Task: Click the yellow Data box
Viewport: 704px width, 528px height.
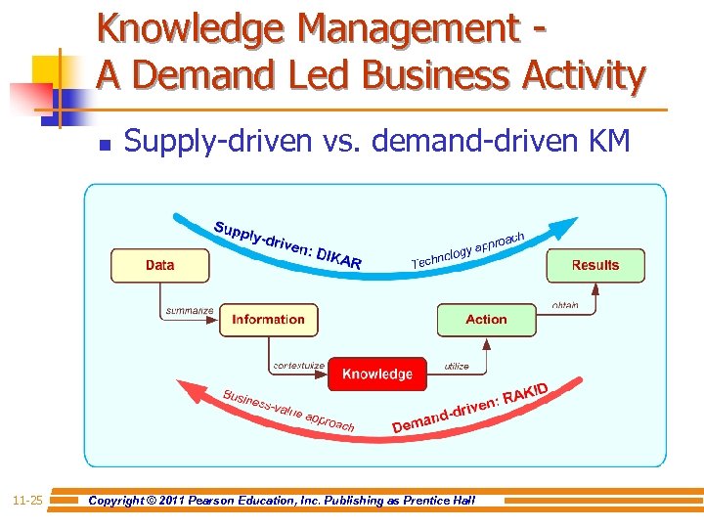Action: [159, 265]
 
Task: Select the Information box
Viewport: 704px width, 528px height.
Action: [268, 320]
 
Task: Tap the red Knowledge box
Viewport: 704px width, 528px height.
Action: [376, 374]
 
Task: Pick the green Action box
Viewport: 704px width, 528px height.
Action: [486, 320]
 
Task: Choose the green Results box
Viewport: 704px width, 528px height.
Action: [594, 265]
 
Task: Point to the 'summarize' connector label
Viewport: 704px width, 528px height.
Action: [189, 310]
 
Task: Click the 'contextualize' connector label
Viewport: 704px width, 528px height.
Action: [299, 366]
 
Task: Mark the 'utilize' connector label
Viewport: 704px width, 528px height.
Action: [457, 366]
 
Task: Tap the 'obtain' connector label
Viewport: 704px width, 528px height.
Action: [565, 305]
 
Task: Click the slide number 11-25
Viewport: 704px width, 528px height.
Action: [26, 501]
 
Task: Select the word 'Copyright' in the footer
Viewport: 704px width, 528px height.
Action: [121, 501]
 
